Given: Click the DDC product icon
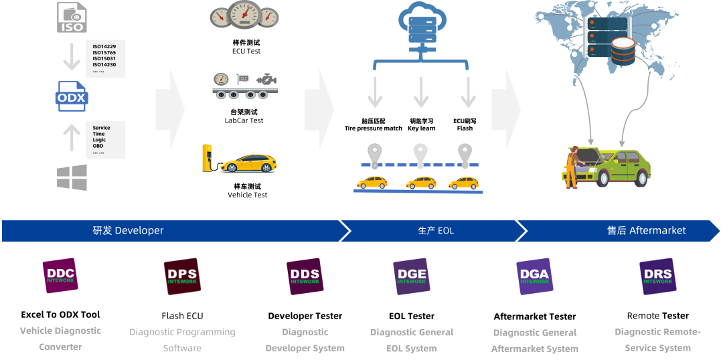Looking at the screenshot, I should click(60, 276).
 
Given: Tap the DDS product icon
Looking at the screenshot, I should click(305, 276).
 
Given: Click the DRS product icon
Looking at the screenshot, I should click(657, 276).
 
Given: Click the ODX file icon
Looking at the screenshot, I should click(71, 97).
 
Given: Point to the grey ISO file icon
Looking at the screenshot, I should click(72, 18).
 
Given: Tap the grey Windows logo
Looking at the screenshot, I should click(72, 177).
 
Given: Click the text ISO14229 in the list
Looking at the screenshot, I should click(104, 46).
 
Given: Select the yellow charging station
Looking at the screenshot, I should click(207, 158).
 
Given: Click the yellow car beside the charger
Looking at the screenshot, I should click(248, 163).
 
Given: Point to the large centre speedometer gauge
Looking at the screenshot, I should click(244, 13).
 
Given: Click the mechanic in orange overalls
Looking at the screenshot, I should click(572, 167).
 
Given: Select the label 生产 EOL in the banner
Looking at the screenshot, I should click(436, 230).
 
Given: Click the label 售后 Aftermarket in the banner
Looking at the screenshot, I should click(646, 230).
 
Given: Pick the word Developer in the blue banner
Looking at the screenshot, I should click(139, 230).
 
